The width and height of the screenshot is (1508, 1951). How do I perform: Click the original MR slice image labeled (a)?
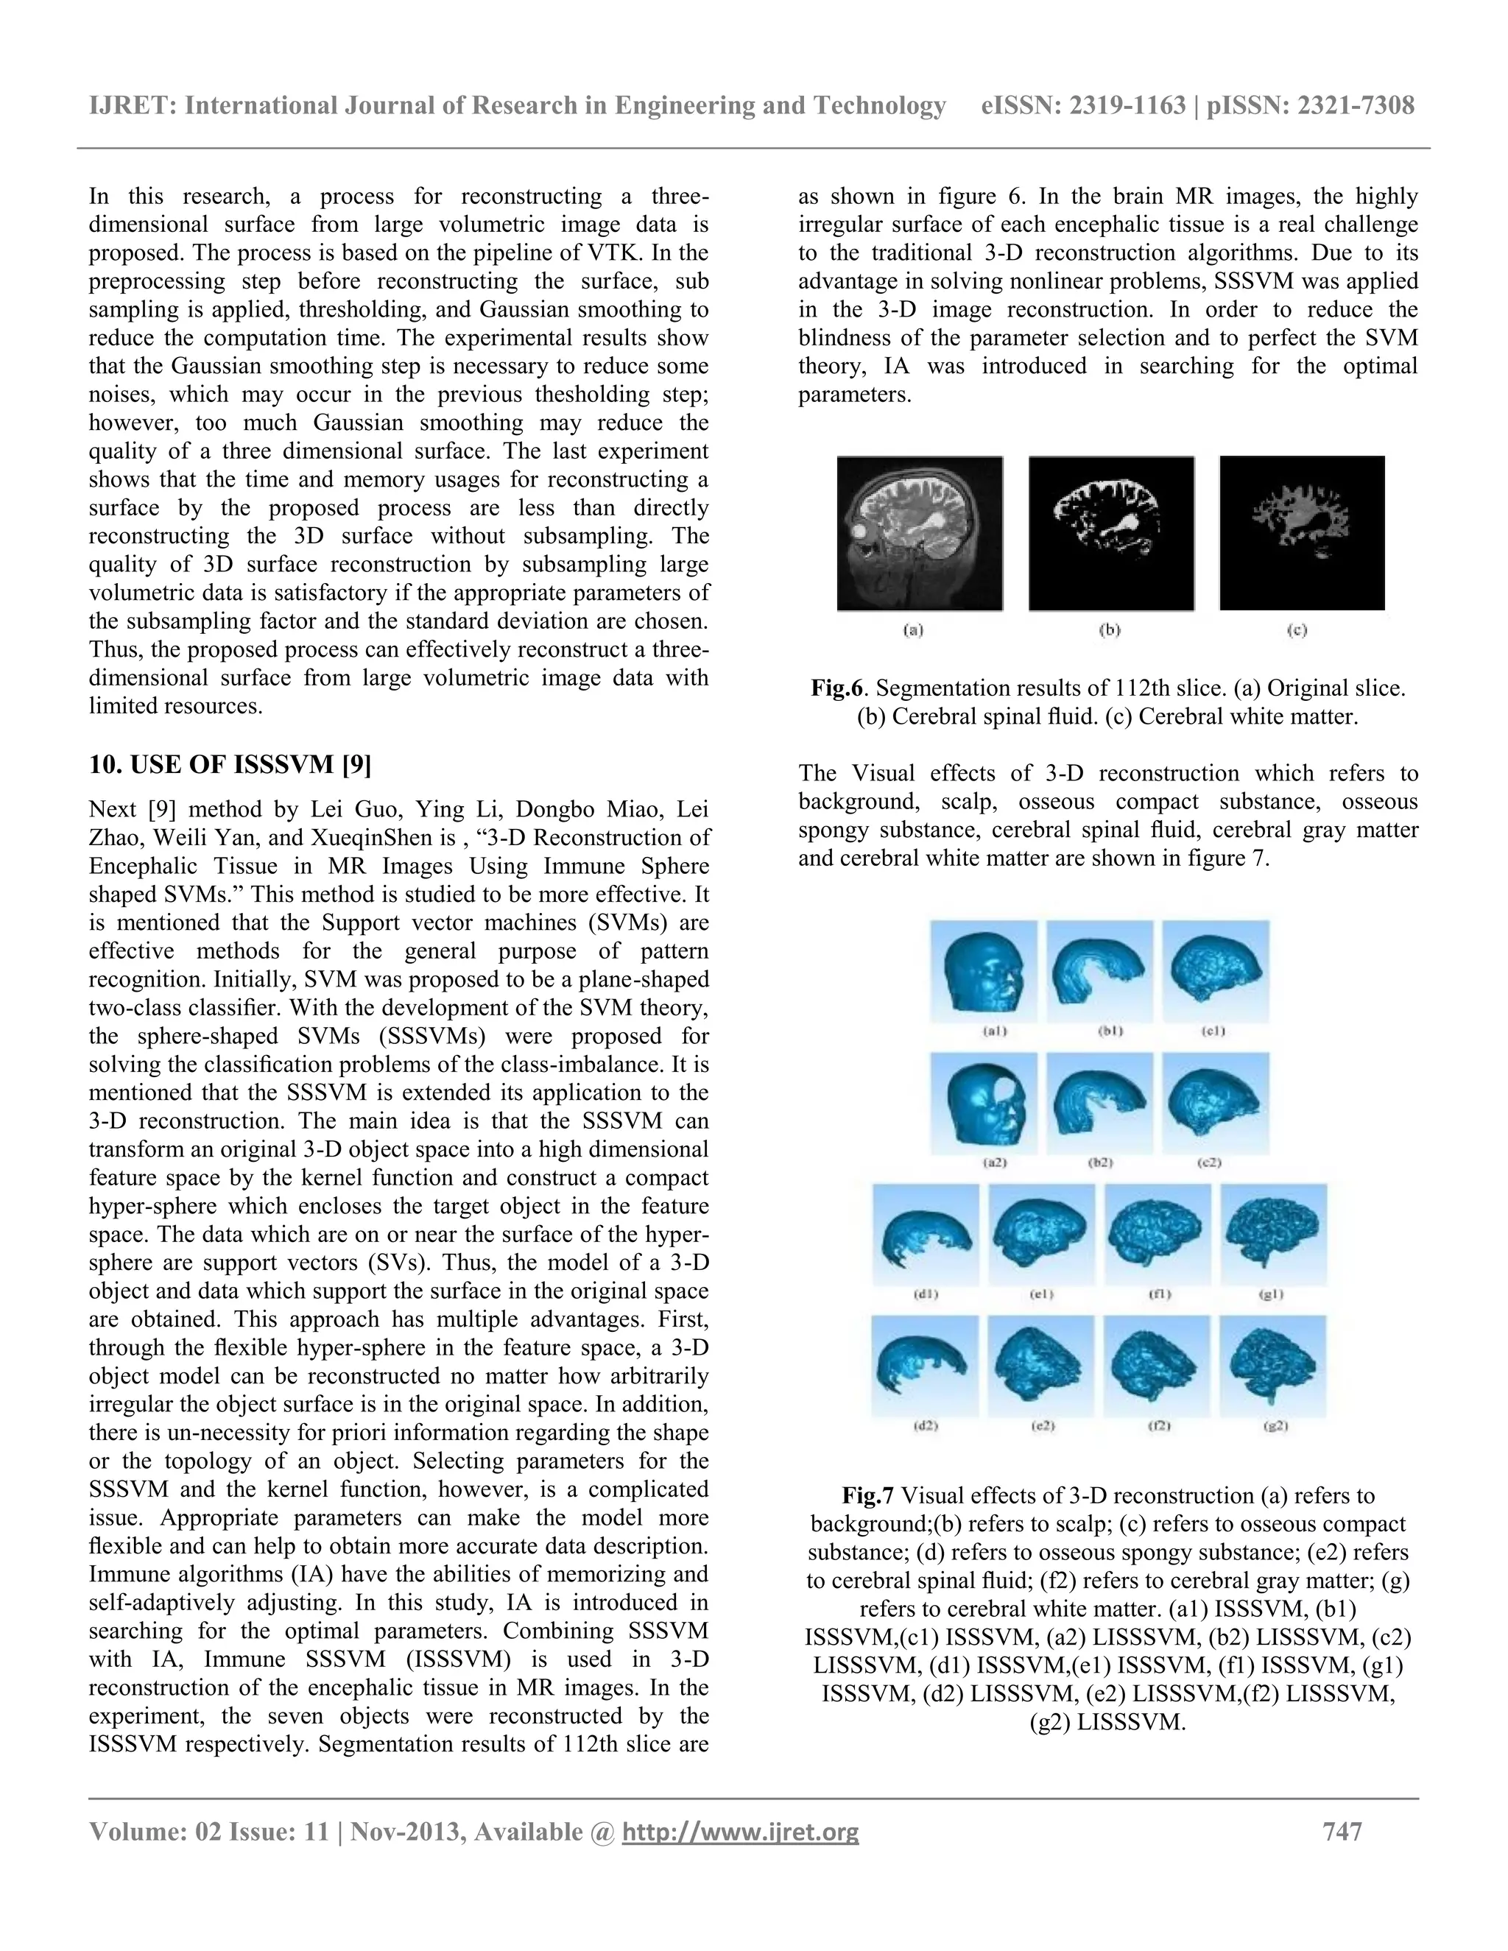click(919, 533)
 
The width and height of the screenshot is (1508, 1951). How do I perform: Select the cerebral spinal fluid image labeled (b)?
click(1110, 533)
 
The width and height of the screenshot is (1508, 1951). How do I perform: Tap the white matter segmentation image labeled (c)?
click(1302, 533)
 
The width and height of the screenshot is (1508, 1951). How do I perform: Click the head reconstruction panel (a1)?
click(984, 971)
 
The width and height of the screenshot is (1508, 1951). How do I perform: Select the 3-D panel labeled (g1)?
click(1274, 1235)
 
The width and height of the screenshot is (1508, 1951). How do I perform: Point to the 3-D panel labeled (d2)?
click(926, 1366)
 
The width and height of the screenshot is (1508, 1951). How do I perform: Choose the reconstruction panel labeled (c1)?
click(1215, 971)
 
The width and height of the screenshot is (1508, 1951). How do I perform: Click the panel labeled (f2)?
click(1158, 1366)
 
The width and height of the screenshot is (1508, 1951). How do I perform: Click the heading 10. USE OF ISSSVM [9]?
click(230, 765)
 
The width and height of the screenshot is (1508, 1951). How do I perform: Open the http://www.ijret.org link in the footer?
click(740, 1832)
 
